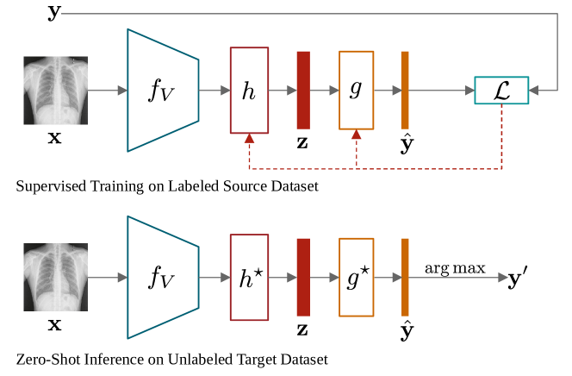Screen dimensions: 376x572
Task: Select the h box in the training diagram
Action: (250, 91)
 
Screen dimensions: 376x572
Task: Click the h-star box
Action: (250, 278)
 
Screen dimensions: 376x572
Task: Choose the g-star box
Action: (357, 278)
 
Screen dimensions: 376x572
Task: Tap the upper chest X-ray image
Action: (53, 90)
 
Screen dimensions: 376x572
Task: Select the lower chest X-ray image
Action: (53, 277)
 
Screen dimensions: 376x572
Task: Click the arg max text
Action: (454, 268)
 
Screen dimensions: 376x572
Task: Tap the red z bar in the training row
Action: (303, 91)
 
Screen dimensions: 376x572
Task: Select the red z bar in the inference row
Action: (303, 278)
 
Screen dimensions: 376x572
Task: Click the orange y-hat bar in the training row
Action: (405, 91)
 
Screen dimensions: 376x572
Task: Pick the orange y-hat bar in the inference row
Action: (405, 278)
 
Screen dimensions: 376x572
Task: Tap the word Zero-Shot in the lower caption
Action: (40, 359)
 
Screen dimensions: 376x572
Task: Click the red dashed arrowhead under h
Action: (249, 138)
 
